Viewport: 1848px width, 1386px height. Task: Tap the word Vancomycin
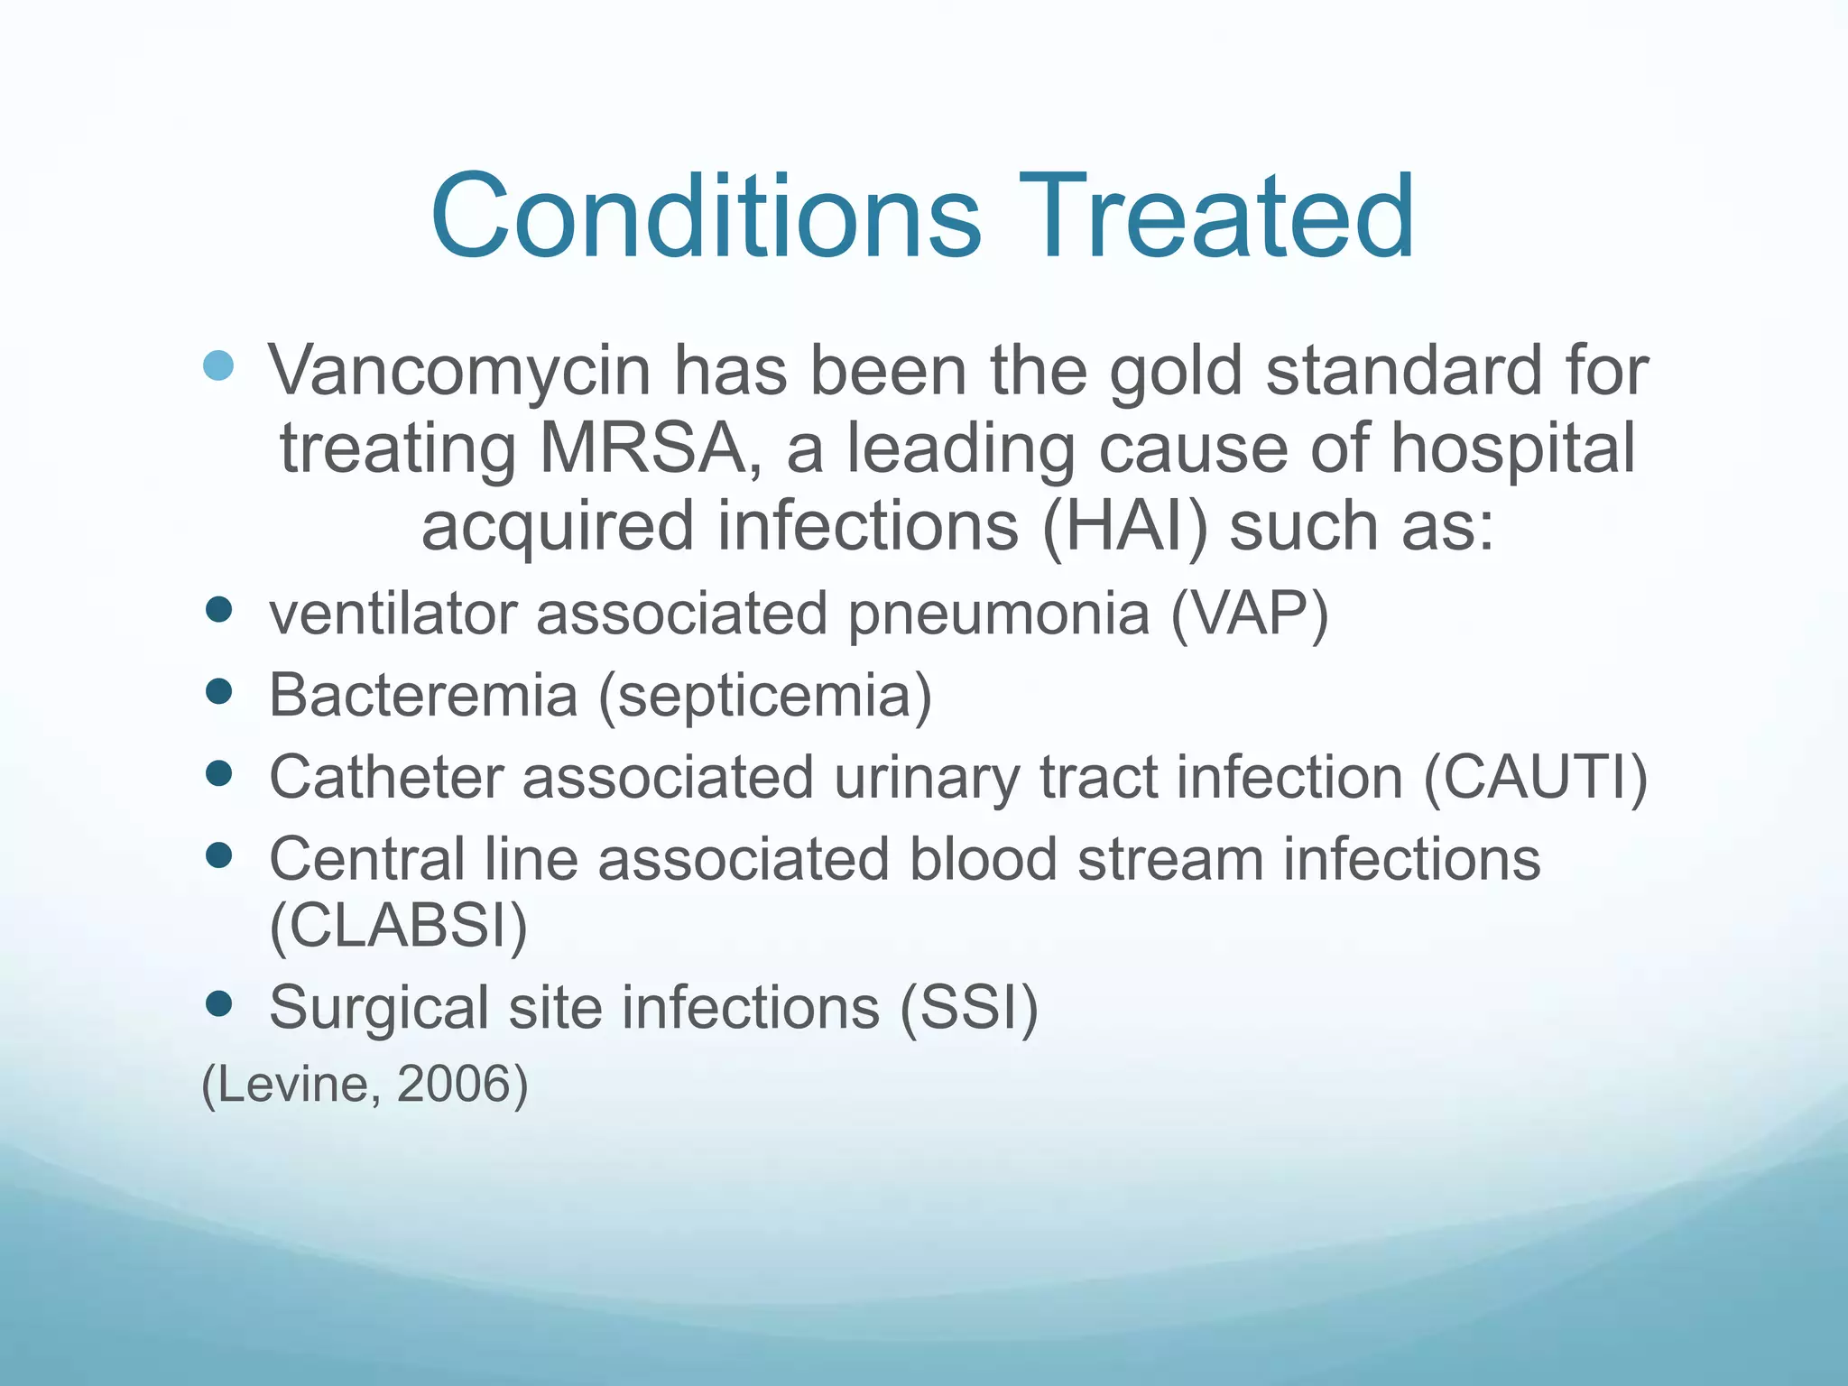coord(458,372)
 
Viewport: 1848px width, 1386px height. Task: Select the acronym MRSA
coord(642,448)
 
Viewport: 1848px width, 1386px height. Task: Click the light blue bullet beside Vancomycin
coord(218,365)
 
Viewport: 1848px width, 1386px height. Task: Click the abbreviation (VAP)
coord(1250,614)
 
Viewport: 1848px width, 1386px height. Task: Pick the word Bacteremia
coord(423,696)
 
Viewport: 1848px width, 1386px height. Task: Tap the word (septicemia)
coord(766,696)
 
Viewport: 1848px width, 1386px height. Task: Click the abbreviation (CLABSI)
coord(398,925)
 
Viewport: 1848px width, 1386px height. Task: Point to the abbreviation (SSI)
coord(969,1007)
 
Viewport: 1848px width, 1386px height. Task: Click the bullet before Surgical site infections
coord(218,1003)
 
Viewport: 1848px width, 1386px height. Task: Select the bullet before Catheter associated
coord(218,773)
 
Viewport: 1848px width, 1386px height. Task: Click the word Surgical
coord(378,1008)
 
